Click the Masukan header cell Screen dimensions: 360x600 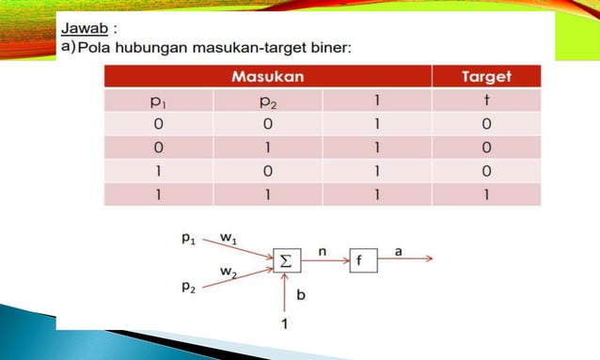pyautogui.click(x=267, y=76)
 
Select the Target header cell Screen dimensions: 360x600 pyautogui.click(x=486, y=76)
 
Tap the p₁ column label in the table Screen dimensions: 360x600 pyautogui.click(x=158, y=101)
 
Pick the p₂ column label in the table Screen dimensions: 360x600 pyautogui.click(x=267, y=101)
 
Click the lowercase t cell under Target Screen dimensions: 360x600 pyautogui.click(x=486, y=101)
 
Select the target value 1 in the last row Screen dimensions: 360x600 pyautogui.click(x=486, y=195)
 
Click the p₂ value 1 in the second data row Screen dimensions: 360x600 pyautogui.click(x=267, y=148)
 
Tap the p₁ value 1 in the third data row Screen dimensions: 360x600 pyautogui.click(x=158, y=171)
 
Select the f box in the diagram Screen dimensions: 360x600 pyautogui.click(x=363, y=261)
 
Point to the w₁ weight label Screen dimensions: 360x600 pyautogui.click(x=228, y=240)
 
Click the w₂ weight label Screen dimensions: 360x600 pyautogui.click(x=229, y=272)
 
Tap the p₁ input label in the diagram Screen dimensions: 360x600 pyautogui.click(x=189, y=240)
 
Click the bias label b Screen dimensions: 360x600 pyautogui.click(x=301, y=295)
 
